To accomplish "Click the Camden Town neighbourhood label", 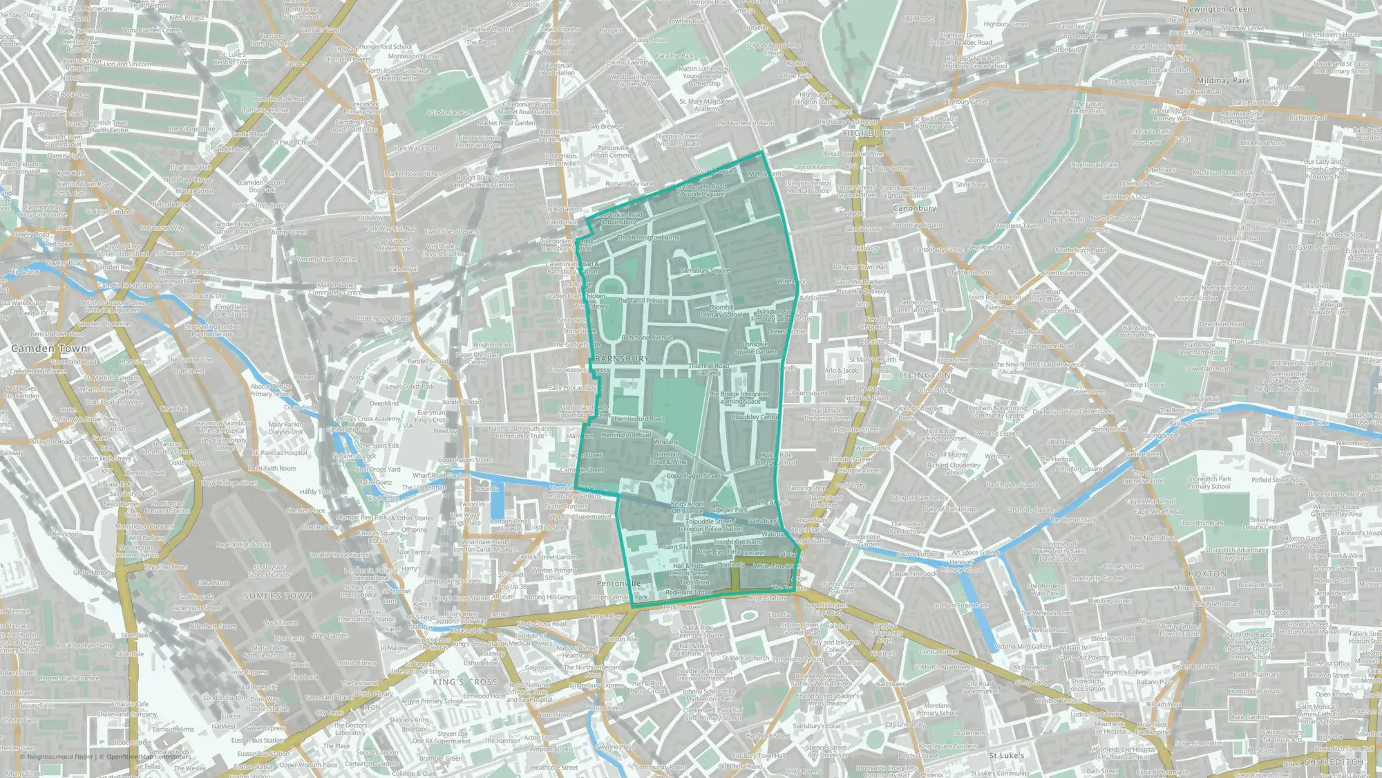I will tap(49, 349).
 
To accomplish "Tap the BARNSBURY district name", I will tap(622, 359).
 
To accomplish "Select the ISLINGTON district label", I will tap(925, 376).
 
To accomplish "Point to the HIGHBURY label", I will tap(867, 133).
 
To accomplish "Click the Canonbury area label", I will tap(914, 208).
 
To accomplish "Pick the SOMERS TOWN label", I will tap(277, 595).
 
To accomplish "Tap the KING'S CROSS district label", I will tap(465, 682).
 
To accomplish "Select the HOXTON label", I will tap(1208, 574).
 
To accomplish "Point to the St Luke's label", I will tap(1007, 756).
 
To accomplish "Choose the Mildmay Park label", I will tap(1223, 81).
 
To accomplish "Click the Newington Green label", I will tap(1218, 9).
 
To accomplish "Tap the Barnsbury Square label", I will tap(704, 270).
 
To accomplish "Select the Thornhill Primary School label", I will tap(721, 311).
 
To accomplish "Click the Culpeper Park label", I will tap(728, 510).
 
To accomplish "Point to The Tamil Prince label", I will tap(641, 300).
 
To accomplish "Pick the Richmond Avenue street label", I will tap(647, 337).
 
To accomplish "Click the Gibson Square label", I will tap(807, 393).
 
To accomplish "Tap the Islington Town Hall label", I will tap(860, 267).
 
